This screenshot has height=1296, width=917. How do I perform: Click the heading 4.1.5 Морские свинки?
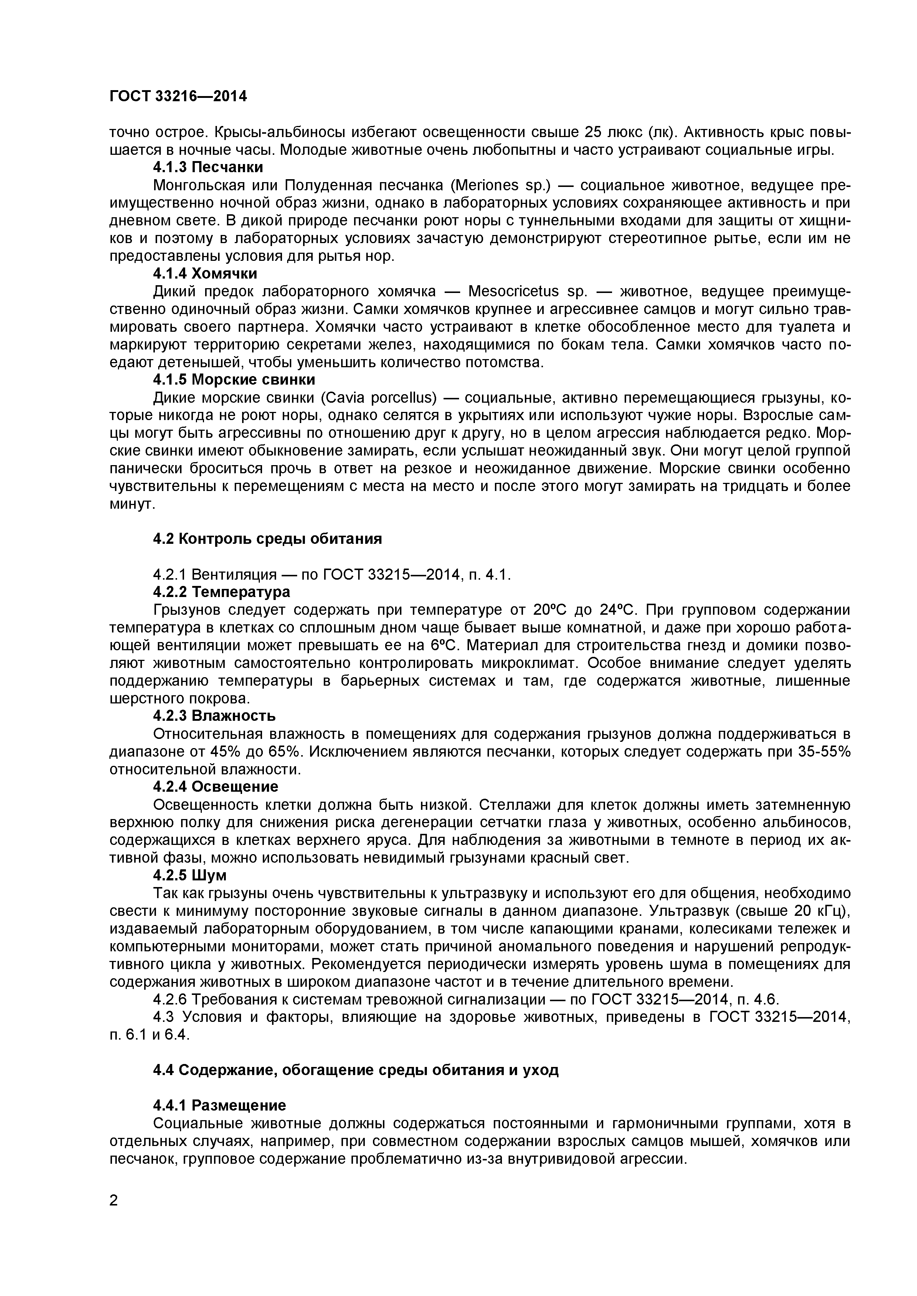[234, 379]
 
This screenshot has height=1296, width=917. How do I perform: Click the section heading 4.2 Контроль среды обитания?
[268, 539]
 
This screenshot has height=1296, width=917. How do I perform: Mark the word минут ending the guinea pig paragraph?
[130, 504]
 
